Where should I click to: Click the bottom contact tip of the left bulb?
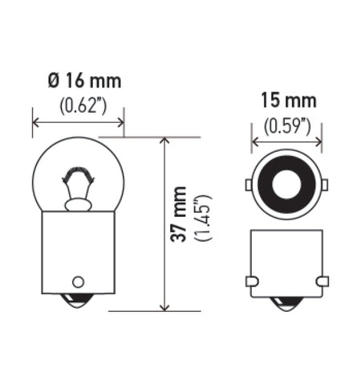[x=78, y=306]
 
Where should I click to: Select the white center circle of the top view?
[x=287, y=185]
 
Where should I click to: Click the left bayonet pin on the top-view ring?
[x=249, y=186]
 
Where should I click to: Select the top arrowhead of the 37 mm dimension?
[x=165, y=141]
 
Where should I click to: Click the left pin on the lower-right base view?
[x=251, y=281]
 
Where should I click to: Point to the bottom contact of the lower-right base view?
[x=287, y=305]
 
